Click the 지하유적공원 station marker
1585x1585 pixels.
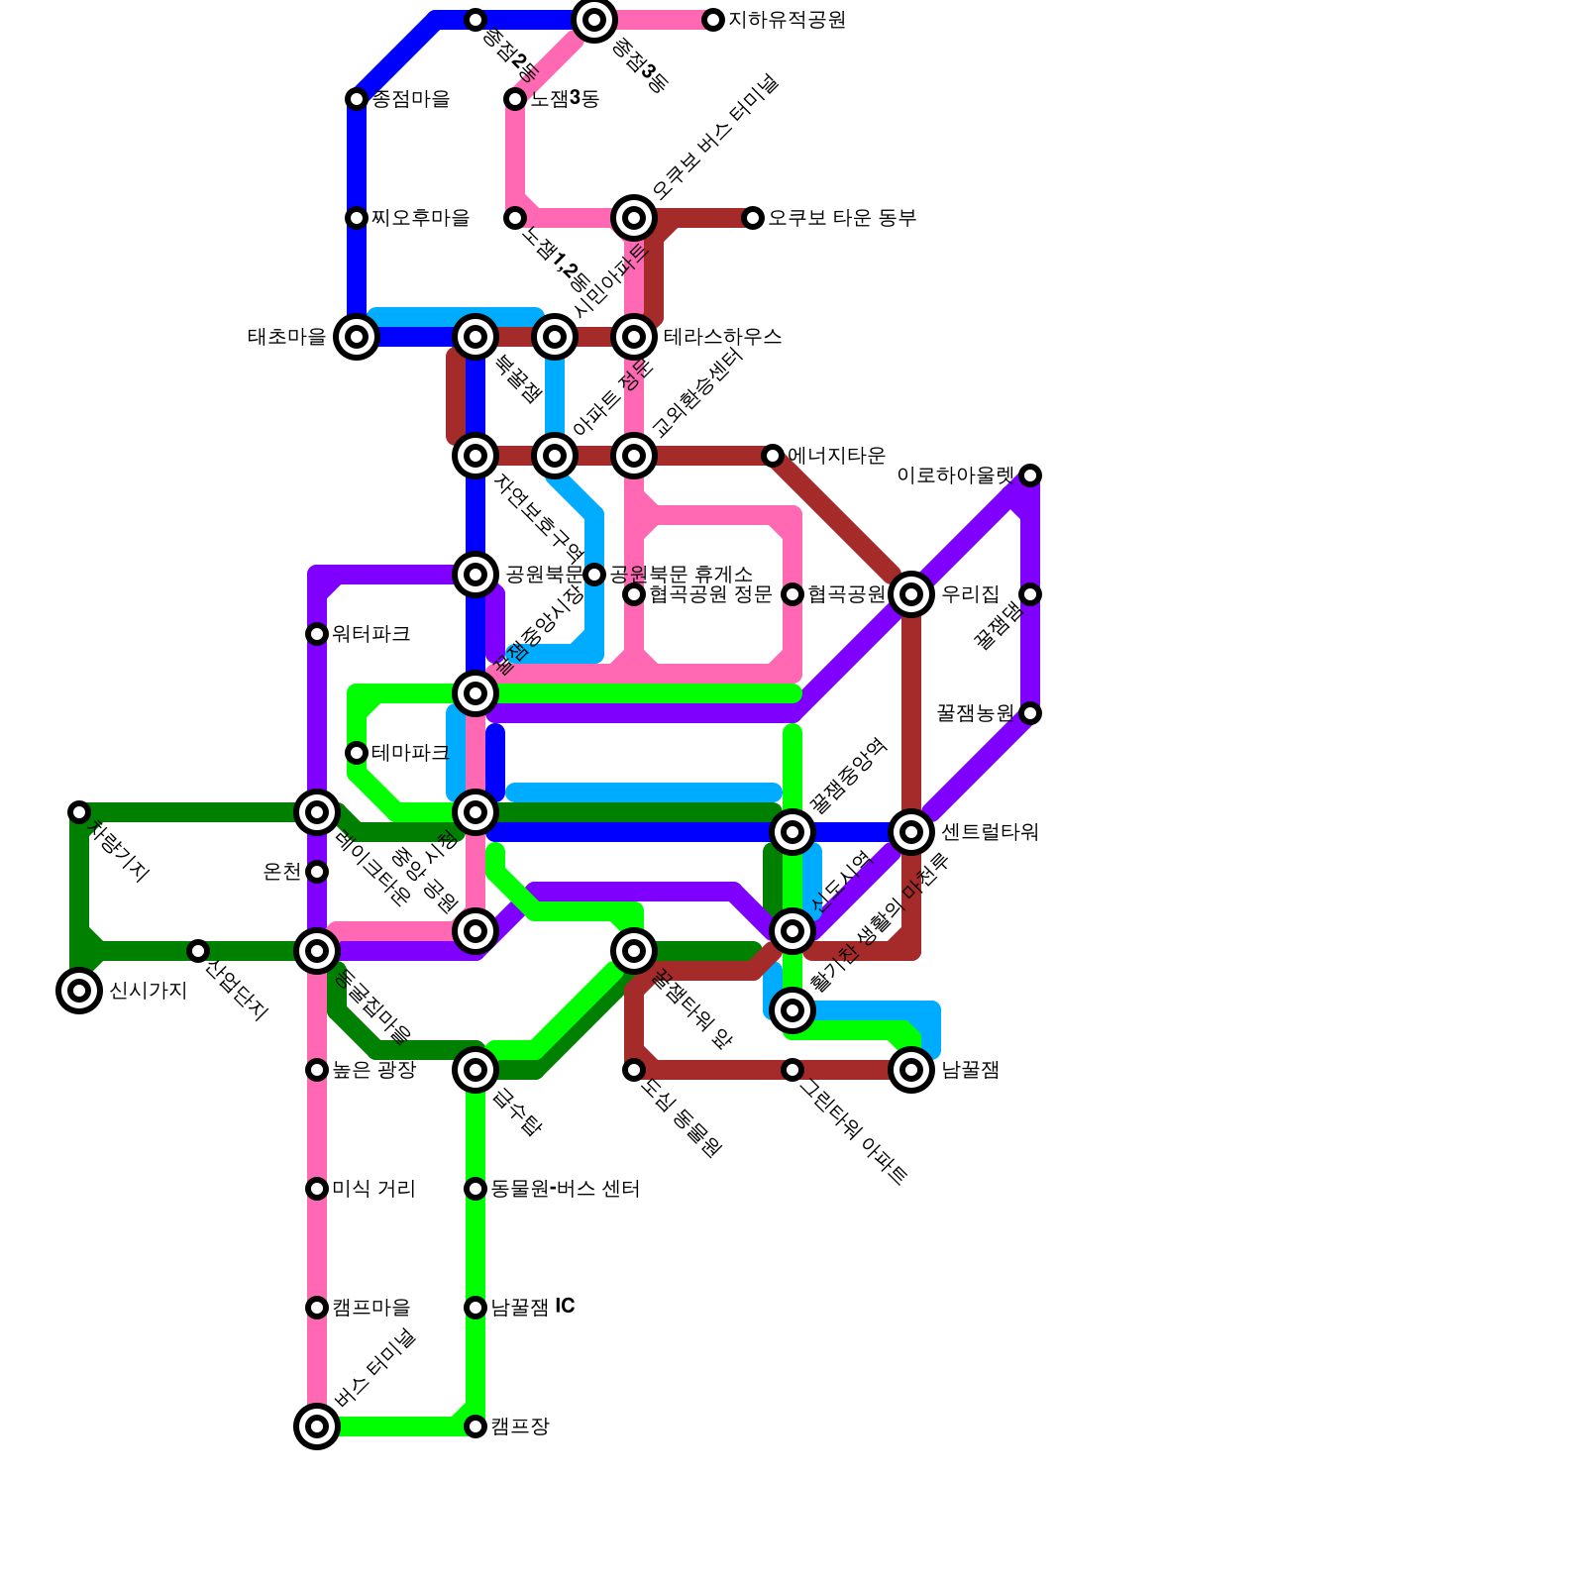[713, 20]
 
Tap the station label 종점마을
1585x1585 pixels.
[411, 99]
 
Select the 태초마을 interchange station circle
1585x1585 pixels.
[357, 337]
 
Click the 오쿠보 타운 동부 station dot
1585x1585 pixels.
[753, 218]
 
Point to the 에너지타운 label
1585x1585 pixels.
[836, 456]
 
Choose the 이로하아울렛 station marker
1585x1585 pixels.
[1030, 475]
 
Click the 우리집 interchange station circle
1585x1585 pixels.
[911, 594]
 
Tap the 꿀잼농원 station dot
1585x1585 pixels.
[1030, 713]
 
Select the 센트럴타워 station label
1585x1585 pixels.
[989, 832]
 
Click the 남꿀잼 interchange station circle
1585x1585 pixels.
[911, 1070]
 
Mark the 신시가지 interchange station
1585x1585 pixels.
[79, 991]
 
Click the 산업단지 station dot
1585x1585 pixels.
[198, 951]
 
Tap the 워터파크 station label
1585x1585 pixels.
[370, 634]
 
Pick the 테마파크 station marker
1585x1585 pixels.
[357, 753]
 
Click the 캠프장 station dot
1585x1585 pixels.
[475, 1426]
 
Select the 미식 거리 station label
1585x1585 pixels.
[373, 1189]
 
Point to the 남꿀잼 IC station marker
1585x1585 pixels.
[475, 1308]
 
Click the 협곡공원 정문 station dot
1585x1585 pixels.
[634, 594]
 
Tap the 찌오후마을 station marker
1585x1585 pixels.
[357, 218]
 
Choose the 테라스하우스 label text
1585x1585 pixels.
[722, 337]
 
